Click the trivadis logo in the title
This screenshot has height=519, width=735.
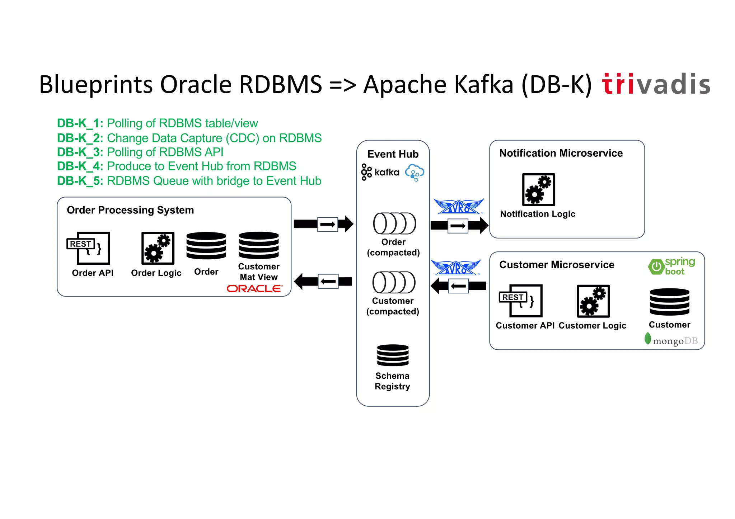tap(656, 85)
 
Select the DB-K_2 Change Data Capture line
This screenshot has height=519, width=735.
tap(189, 138)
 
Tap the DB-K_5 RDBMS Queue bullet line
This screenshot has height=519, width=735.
tap(189, 181)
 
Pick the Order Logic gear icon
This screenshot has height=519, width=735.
tap(158, 248)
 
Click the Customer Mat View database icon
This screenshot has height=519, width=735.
tap(259, 245)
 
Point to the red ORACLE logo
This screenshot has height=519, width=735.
tap(254, 288)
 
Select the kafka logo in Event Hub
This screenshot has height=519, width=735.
tap(380, 173)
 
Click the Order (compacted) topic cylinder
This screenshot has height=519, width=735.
tap(394, 223)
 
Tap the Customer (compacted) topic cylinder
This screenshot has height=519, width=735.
tap(394, 282)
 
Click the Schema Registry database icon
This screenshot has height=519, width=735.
tap(393, 355)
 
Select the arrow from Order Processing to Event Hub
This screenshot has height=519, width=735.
tap(323, 224)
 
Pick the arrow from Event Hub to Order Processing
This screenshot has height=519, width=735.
tap(323, 282)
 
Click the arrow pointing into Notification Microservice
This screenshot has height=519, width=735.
tap(459, 226)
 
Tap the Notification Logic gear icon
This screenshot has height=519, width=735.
tap(538, 189)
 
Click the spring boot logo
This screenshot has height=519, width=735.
tap(671, 266)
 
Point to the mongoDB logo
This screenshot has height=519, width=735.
tap(671, 340)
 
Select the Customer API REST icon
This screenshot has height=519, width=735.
tap(521, 301)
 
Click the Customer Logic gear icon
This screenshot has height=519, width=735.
tap(593, 301)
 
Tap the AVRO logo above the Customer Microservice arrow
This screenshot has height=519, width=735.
tap(455, 268)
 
